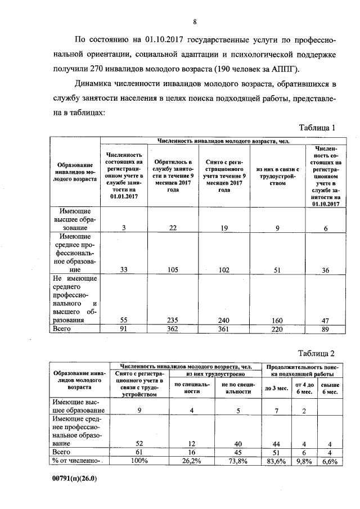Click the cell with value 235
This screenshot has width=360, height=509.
coord(169,320)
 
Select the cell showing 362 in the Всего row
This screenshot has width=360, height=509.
coord(169,329)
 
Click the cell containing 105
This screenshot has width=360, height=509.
coord(169,269)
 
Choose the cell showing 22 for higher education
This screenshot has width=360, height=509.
coord(169,228)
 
